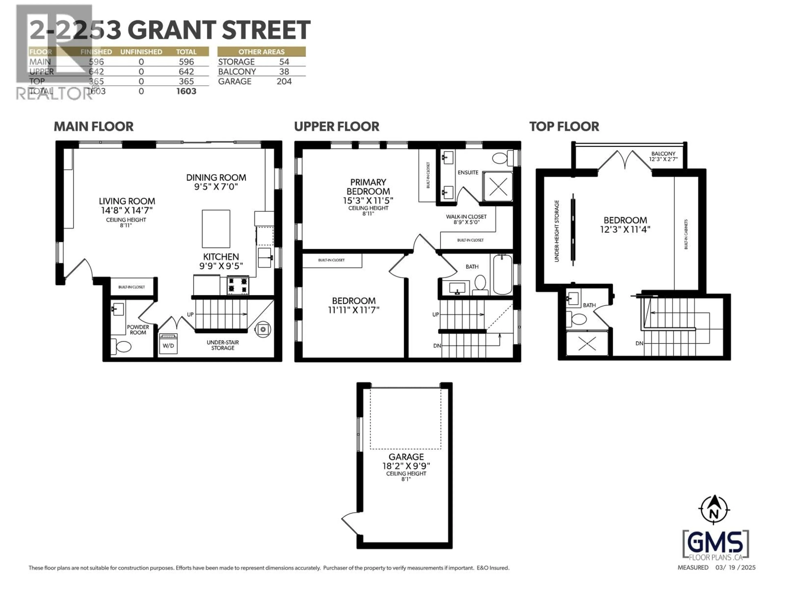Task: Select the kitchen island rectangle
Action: point(216,229)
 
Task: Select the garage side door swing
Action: point(351,522)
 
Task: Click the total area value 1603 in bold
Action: point(186,91)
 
